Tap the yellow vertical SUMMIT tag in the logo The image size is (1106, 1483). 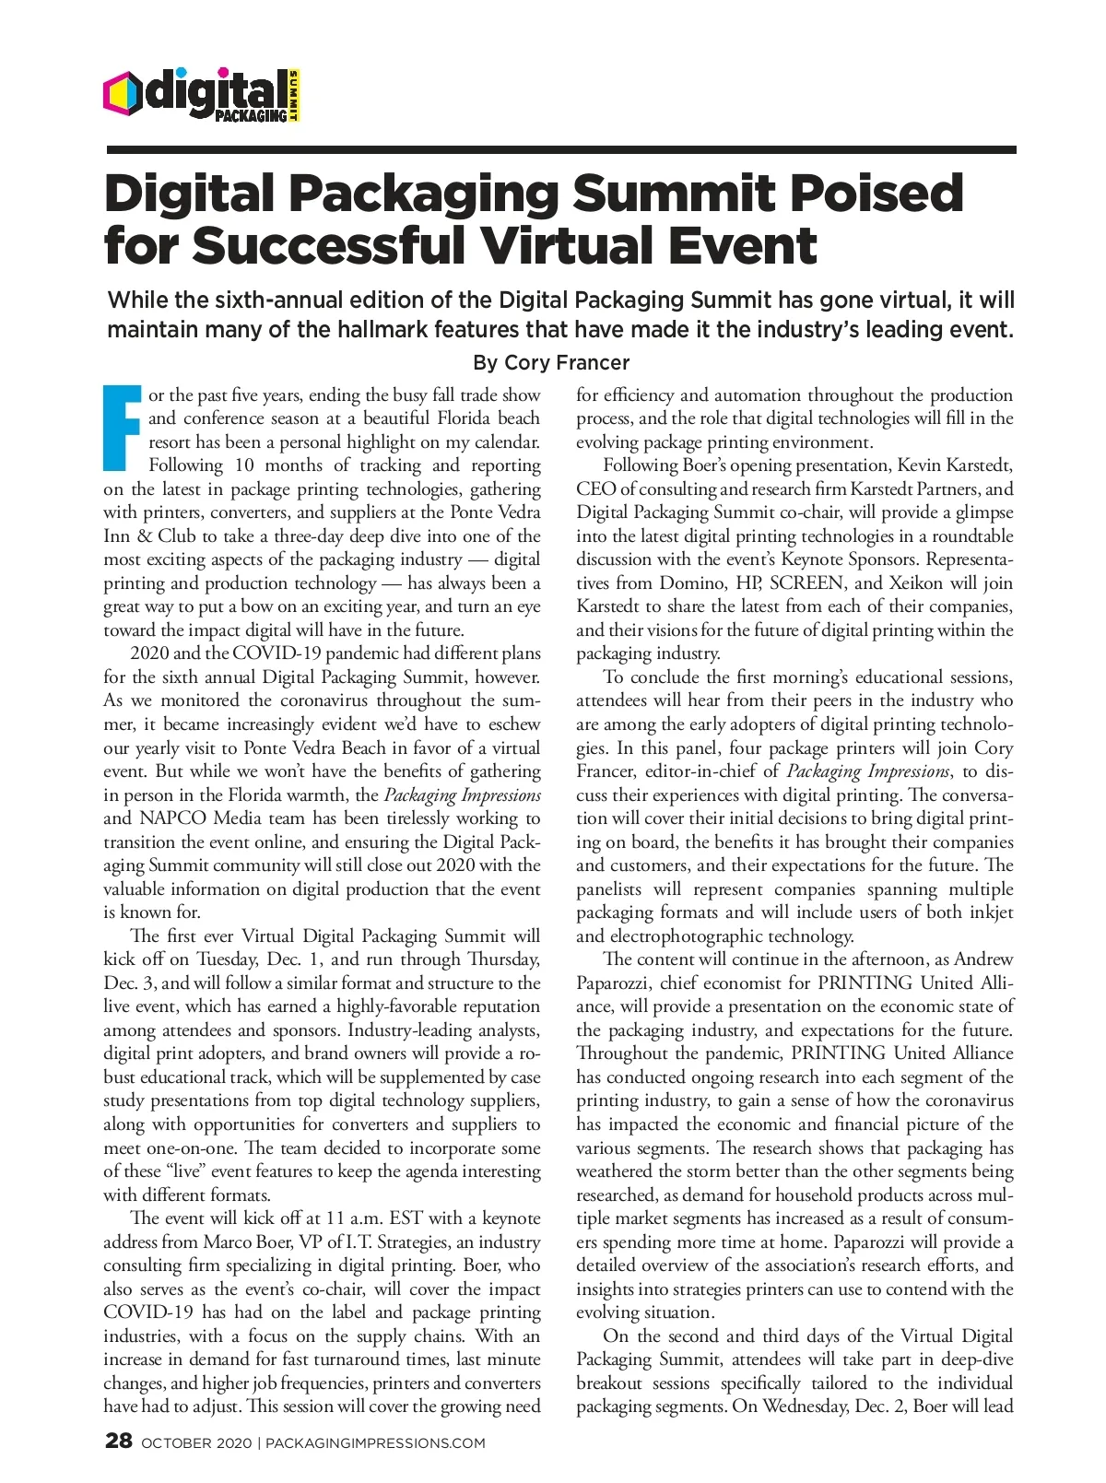(294, 95)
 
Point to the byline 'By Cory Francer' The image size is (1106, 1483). (550, 362)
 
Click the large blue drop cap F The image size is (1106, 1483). (123, 429)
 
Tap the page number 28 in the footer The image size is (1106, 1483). (119, 1442)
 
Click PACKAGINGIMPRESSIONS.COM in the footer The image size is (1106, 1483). (375, 1443)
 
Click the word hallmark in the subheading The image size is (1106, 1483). (378, 329)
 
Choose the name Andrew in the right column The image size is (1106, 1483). (982, 959)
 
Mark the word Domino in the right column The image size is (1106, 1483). (690, 583)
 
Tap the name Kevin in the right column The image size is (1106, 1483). (920, 465)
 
